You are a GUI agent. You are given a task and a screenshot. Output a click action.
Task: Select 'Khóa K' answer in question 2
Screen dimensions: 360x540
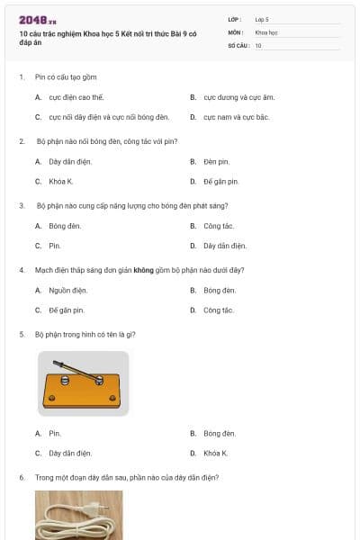tap(61, 182)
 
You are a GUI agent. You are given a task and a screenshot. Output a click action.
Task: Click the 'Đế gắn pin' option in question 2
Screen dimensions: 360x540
tap(220, 182)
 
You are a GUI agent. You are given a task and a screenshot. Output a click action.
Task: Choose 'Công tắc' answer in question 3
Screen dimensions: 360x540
tap(218, 226)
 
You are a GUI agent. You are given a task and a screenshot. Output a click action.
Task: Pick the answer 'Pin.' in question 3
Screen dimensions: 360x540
tap(55, 246)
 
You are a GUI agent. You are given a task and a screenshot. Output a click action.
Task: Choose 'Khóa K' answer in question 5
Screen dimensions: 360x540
tap(215, 453)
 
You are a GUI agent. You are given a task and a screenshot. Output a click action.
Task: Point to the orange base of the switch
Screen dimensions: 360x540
tap(81, 393)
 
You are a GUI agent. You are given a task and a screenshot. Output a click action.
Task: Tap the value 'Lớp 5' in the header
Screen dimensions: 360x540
tap(262, 18)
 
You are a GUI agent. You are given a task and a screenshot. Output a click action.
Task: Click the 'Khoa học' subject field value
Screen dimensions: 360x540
tap(266, 31)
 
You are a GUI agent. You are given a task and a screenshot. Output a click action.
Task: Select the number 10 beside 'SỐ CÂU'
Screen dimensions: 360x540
tap(258, 45)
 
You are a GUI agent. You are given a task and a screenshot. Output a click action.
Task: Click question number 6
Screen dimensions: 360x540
tap(22, 477)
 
